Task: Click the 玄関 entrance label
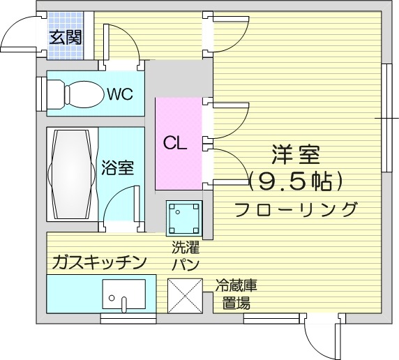pyautogui.click(x=66, y=38)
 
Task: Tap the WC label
pyautogui.click(x=120, y=94)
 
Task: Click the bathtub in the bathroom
pyautogui.click(x=73, y=174)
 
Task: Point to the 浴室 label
pyautogui.click(x=118, y=167)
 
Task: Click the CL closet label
pyautogui.click(x=175, y=143)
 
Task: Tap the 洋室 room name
pyautogui.click(x=296, y=155)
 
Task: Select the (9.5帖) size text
pyautogui.click(x=295, y=181)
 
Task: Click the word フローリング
pyautogui.click(x=296, y=209)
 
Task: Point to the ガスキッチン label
pyautogui.click(x=99, y=262)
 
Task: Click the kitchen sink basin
pyautogui.click(x=124, y=294)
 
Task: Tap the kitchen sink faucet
pyautogui.click(x=124, y=304)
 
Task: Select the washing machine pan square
pyautogui.click(x=184, y=218)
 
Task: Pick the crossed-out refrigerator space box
pyautogui.click(x=185, y=296)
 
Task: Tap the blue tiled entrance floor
pyautogui.click(x=66, y=36)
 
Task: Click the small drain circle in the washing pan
pyautogui.click(x=178, y=212)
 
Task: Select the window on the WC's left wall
pyautogui.click(x=41, y=94)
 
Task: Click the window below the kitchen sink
pyautogui.click(x=128, y=318)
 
